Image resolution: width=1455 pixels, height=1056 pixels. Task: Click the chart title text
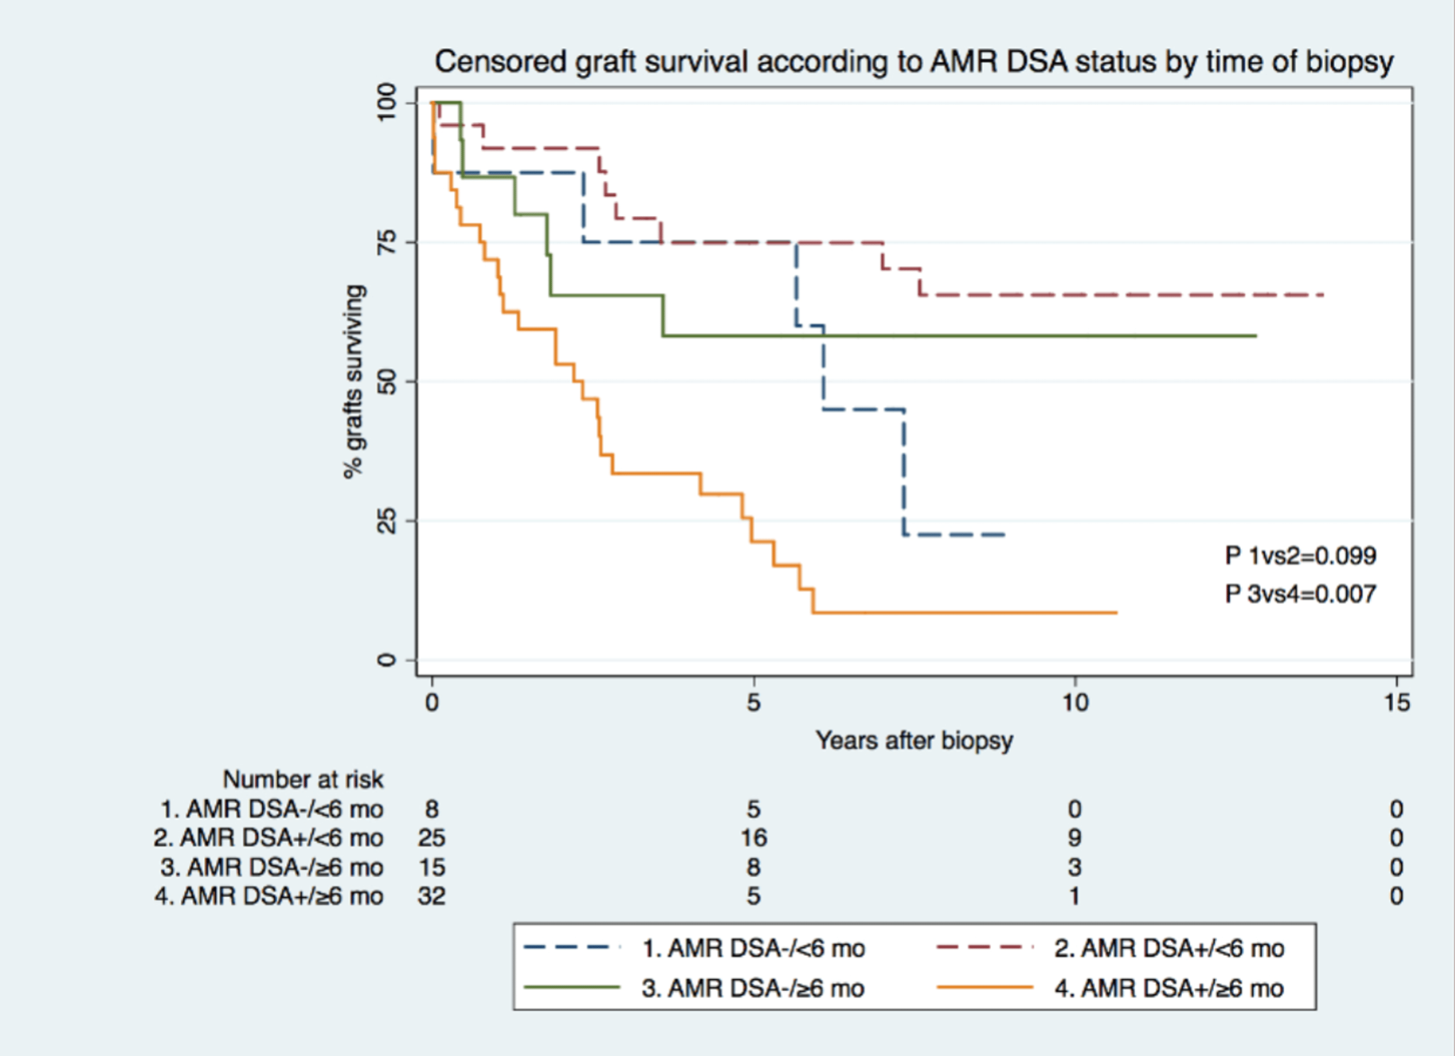tap(914, 62)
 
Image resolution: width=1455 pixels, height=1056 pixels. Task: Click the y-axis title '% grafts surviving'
tap(355, 382)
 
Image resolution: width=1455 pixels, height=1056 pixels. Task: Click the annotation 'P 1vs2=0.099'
tap(1300, 555)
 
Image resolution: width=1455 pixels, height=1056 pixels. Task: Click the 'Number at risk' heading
tap(303, 780)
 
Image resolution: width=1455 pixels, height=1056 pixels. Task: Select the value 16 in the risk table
tap(753, 838)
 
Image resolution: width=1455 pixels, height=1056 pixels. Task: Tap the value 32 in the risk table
tap(431, 896)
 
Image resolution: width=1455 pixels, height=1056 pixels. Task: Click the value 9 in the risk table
tap(1075, 838)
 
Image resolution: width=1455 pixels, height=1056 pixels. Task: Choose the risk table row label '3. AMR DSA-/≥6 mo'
tap(272, 867)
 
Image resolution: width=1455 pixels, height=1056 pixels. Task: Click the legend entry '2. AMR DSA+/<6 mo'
tap(1169, 948)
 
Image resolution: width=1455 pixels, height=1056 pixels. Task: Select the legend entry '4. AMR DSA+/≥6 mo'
tap(1169, 988)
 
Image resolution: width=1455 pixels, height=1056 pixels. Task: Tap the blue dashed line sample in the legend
tap(572, 947)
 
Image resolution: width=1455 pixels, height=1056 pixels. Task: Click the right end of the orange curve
tap(1116, 613)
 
